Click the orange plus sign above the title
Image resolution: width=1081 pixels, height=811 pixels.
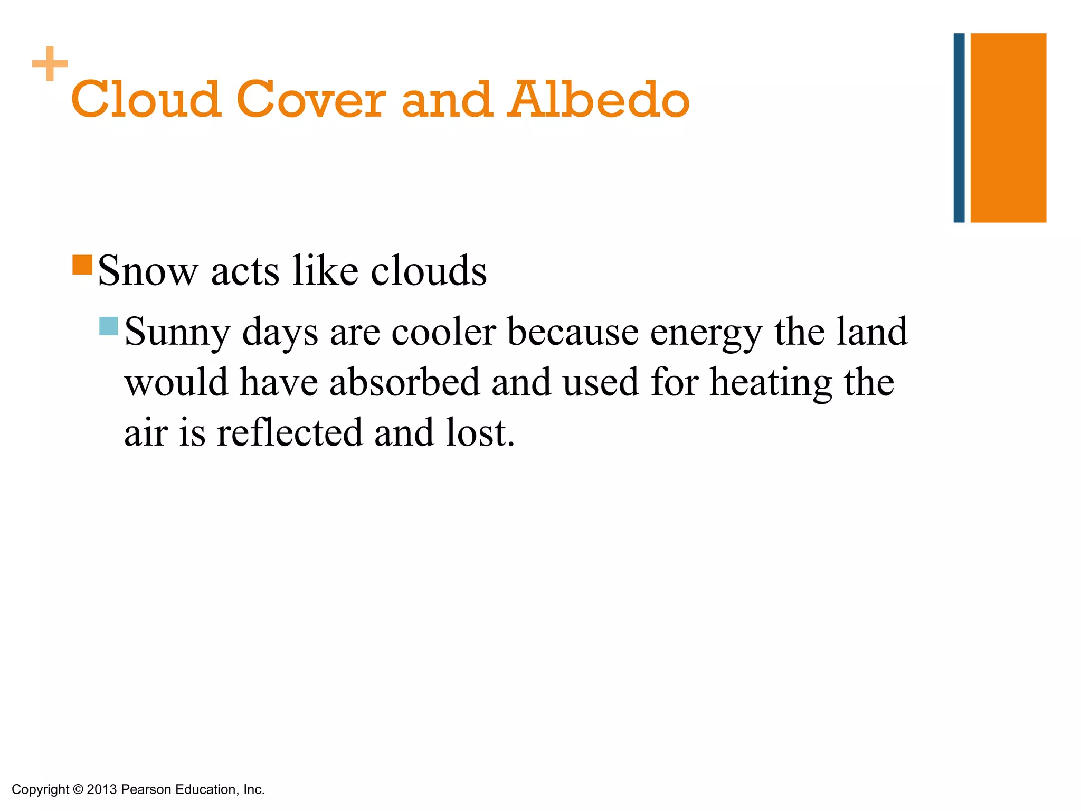click(50, 64)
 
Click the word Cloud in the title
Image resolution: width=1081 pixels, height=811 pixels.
click(146, 99)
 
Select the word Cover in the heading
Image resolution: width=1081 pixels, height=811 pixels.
click(311, 99)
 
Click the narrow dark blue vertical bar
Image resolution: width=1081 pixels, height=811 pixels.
click(959, 128)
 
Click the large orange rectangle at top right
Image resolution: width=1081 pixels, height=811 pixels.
click(1008, 128)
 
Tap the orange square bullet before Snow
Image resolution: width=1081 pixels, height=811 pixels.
click(82, 265)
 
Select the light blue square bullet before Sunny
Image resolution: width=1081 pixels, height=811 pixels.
click(108, 326)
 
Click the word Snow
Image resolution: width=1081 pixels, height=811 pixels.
click(147, 271)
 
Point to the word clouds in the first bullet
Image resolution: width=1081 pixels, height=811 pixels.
click(429, 271)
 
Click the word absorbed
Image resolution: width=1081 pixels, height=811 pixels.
click(404, 382)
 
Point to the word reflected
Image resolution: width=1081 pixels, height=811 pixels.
click(290, 432)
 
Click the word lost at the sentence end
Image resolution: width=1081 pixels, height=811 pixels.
click(479, 432)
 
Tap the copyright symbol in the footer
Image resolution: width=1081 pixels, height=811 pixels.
click(78, 789)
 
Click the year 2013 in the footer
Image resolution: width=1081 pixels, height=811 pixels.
click(101, 789)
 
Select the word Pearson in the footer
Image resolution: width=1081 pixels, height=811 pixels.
click(146, 789)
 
